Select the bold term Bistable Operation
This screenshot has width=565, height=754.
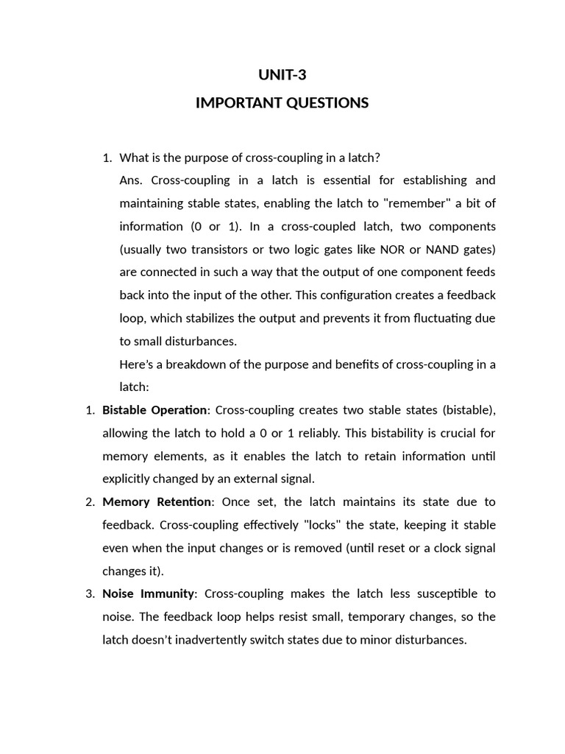(155, 410)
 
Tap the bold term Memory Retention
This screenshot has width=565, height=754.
(157, 502)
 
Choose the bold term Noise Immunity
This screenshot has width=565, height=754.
(149, 593)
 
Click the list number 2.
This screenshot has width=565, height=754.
(90, 502)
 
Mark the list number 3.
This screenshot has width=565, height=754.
(90, 593)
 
